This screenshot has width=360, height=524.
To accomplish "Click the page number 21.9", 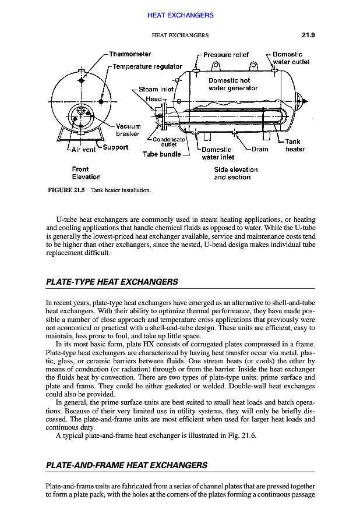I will pos(308,35).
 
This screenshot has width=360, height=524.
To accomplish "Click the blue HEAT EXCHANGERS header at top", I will pos(180,15).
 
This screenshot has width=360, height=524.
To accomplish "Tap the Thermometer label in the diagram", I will pos(130,54).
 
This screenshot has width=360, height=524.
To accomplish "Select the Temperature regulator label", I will pos(147,66).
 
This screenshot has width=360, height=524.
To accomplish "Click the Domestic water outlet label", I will pos(290,58).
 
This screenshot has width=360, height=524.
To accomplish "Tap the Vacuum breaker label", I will pos(128,130).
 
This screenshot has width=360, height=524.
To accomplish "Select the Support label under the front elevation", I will pos(115,147).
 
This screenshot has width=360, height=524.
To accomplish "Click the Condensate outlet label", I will pos(170,142).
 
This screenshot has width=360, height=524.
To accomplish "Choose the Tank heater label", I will pos(294,145).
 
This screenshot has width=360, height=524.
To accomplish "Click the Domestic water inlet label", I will pos(217,153).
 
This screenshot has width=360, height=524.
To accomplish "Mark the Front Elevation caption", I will pos(86,173).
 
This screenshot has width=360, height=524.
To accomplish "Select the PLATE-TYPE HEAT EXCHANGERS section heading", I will pos(111,282).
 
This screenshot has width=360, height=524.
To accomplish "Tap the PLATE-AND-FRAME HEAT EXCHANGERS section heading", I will pos(126,465).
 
